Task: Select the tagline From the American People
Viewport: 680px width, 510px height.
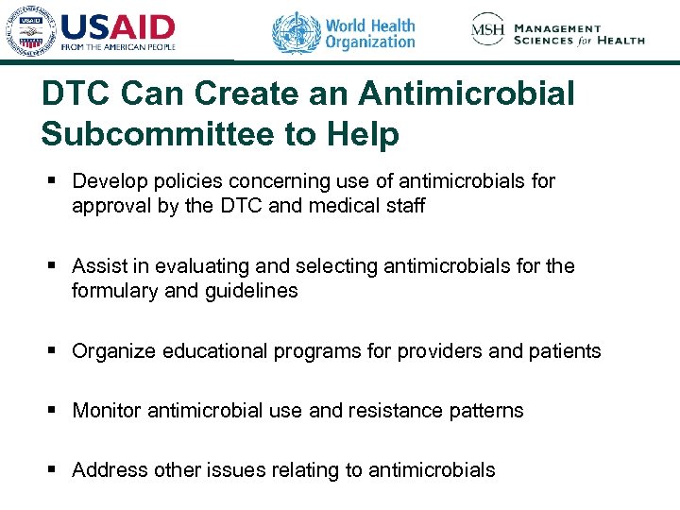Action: [x=118, y=45]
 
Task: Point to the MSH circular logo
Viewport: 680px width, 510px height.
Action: [x=488, y=30]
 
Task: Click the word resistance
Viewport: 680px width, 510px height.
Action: [x=412, y=411]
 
